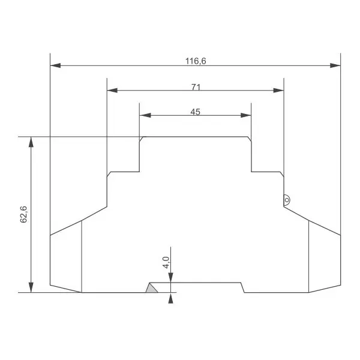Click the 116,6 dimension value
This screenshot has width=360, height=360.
(196, 61)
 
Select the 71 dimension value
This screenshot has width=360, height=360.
(196, 87)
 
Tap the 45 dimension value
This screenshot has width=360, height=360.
(196, 112)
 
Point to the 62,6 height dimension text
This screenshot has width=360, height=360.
(23, 214)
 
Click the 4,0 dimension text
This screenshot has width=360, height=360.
(166, 262)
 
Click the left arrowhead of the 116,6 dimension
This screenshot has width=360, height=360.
(55, 65)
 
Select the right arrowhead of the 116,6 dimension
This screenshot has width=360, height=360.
(335, 65)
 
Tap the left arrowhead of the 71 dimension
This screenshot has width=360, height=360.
(112, 90)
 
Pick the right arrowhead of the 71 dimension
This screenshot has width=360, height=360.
(278, 90)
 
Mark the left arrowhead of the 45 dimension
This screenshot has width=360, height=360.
(145, 115)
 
